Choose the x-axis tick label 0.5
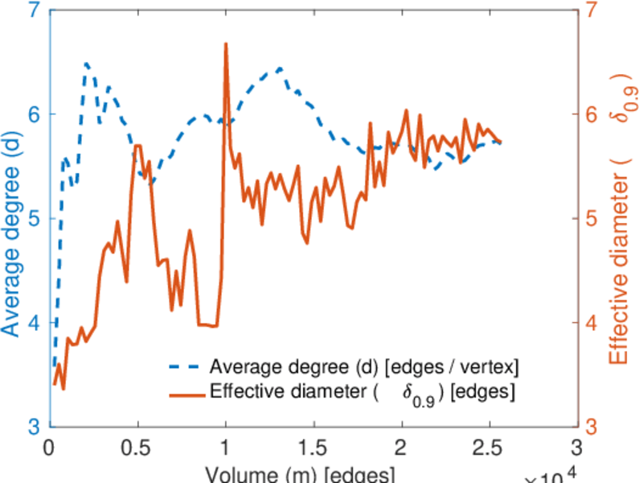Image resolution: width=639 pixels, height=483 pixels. [x=137, y=448]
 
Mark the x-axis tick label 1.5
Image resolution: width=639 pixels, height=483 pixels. [x=313, y=448]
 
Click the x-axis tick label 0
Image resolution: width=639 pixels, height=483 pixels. [x=50, y=448]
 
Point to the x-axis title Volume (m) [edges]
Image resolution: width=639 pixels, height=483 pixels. [x=299, y=473]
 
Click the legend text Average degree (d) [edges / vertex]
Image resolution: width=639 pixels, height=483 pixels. [x=364, y=367]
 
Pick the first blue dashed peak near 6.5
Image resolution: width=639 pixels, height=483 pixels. [x=86, y=63]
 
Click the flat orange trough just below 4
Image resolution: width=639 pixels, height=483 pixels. [x=207, y=324]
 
